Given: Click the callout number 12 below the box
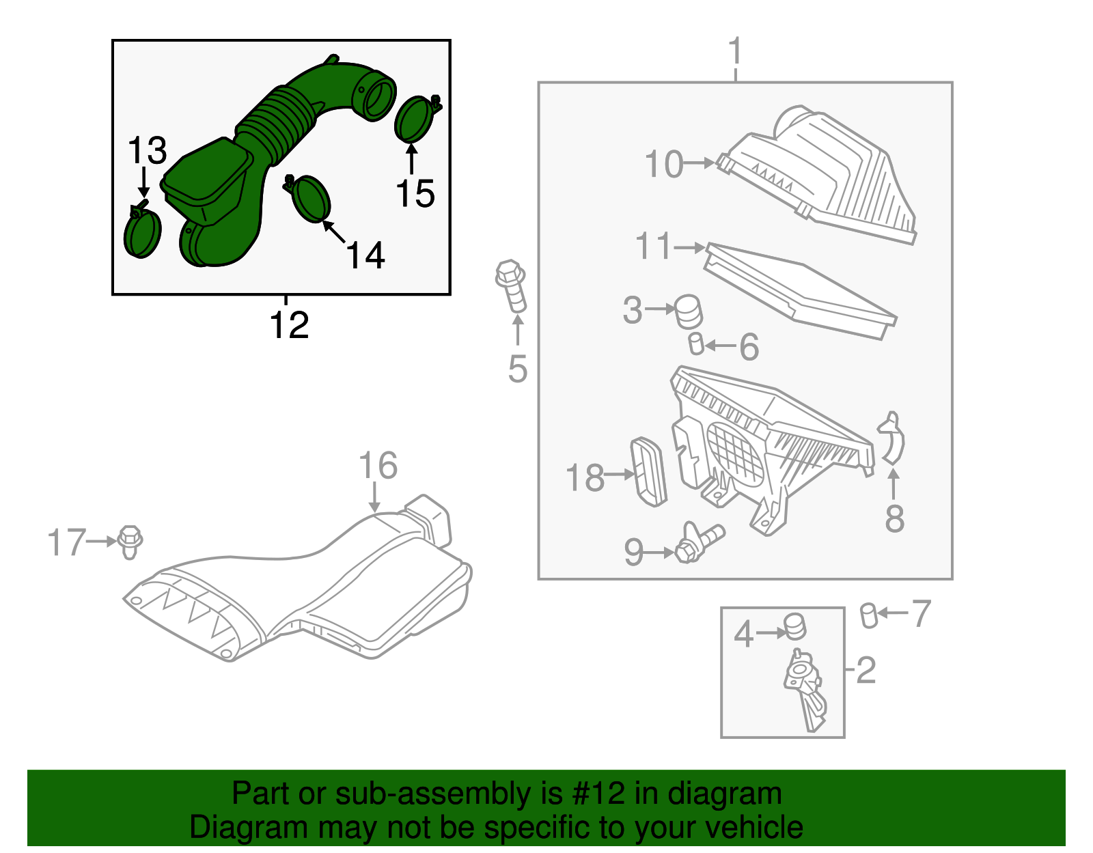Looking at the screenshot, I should point(289,325).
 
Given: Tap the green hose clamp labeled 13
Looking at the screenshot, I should point(142,233).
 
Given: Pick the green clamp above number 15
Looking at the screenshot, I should point(414,119).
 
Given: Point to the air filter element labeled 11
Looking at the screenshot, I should point(799,290).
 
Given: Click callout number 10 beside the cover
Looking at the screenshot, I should point(663,165).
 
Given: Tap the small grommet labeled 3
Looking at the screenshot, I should point(689,312).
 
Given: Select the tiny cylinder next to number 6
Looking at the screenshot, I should point(696,344).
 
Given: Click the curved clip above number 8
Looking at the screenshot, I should point(892,438).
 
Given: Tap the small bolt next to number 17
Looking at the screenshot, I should point(130,542).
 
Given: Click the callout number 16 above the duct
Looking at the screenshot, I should point(378,466).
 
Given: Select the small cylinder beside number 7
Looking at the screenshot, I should point(868,615).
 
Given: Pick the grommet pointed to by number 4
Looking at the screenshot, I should point(794,626).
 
